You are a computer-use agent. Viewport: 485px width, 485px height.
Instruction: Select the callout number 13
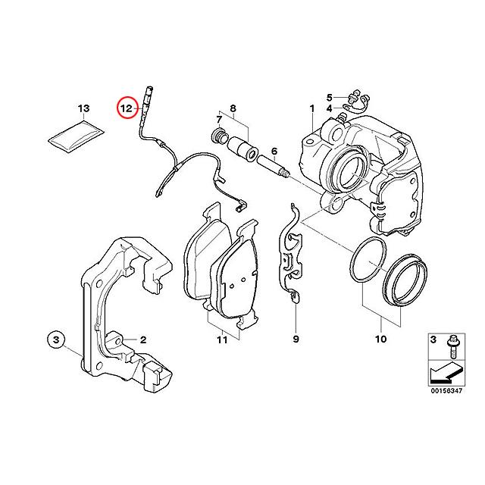point(83,108)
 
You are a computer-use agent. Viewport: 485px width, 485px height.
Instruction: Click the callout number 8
point(233,108)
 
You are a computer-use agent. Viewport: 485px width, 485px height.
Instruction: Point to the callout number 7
point(219,120)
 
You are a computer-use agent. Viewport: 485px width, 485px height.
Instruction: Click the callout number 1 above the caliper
point(311,108)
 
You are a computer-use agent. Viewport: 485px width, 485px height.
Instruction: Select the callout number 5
point(330,96)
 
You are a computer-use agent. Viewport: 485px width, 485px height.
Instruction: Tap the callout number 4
point(330,108)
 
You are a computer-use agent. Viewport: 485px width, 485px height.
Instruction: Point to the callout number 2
point(142,340)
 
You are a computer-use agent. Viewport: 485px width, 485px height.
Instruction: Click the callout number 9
point(296,340)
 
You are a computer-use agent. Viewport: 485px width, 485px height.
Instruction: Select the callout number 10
point(380,340)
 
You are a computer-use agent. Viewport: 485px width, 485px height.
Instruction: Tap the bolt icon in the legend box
point(453,347)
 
